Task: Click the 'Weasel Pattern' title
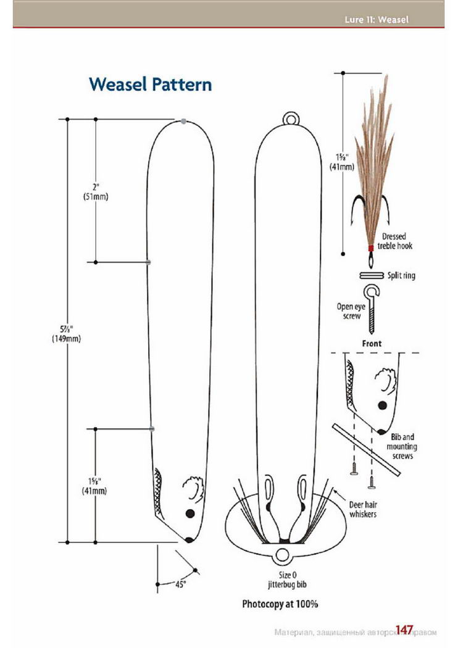click(151, 85)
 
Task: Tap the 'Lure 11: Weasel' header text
click(377, 19)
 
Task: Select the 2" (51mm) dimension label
click(96, 192)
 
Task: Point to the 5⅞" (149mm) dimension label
click(66, 334)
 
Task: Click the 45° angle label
click(181, 584)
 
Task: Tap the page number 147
click(404, 629)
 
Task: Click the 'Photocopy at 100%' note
click(280, 604)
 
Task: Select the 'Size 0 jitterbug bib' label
click(287, 580)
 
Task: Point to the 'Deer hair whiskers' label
click(363, 509)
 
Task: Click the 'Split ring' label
click(401, 275)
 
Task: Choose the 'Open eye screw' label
click(351, 311)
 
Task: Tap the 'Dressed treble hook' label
click(395, 241)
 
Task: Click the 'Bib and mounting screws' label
click(402, 446)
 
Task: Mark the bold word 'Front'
click(372, 343)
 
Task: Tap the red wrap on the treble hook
click(371, 248)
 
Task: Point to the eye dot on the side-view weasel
click(190, 513)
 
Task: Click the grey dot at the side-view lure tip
click(183, 121)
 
